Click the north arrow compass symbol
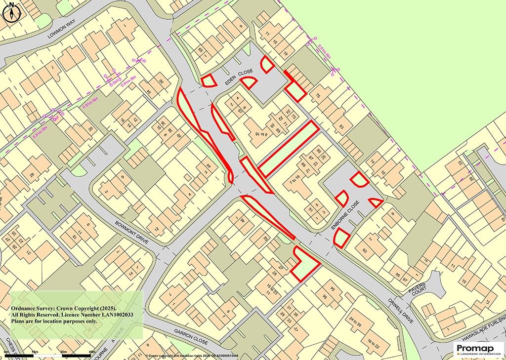click(11, 12)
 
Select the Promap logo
click(478, 349)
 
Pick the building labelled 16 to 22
click(377, 343)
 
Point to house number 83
click(340, 127)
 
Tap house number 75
click(318, 95)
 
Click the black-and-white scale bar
click(49, 355)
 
